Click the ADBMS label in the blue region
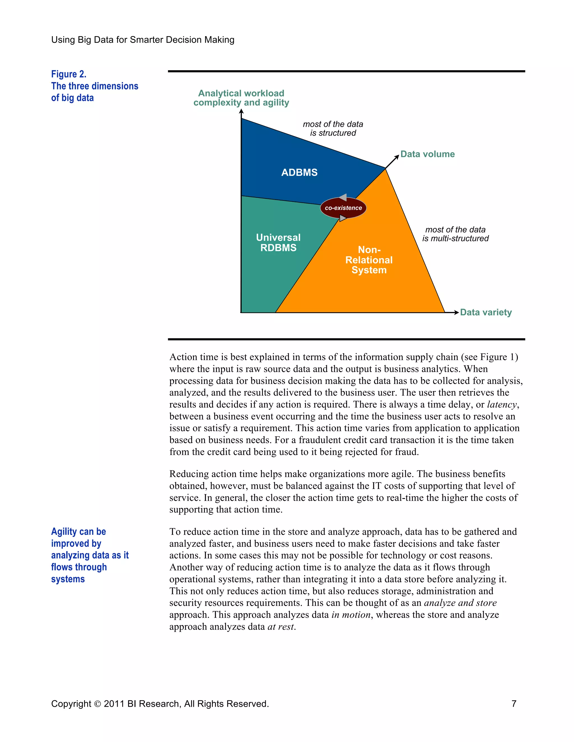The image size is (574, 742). point(299,172)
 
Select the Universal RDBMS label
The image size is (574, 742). point(278,242)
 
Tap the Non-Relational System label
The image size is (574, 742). point(369,260)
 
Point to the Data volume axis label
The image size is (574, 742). point(427,154)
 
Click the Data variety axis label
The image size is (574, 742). point(486,312)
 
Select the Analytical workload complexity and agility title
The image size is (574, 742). point(241,98)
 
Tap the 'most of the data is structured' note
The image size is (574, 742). point(333,129)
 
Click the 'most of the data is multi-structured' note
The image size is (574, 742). point(455,234)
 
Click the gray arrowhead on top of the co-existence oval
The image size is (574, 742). point(343,197)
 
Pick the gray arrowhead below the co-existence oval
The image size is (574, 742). point(343,218)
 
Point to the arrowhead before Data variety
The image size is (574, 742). point(456,312)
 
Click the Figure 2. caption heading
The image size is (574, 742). point(69,74)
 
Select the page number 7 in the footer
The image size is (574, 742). point(514,704)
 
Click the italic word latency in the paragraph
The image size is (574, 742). point(502,405)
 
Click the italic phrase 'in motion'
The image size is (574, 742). point(351,615)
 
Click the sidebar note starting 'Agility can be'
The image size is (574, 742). point(90,555)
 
